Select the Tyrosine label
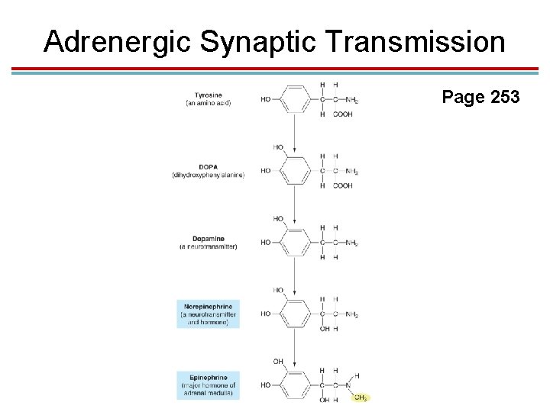[x=209, y=95]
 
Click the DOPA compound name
[x=208, y=167]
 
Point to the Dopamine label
[x=208, y=239]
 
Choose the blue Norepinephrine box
[x=208, y=314]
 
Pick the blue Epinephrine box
[x=208, y=385]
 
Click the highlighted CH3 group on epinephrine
[x=360, y=398]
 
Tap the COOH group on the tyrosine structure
[x=343, y=114]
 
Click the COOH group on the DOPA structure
[x=343, y=185]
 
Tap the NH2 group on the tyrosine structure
[x=351, y=100]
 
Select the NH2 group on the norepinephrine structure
[x=351, y=314]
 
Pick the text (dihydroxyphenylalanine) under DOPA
[x=208, y=175]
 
